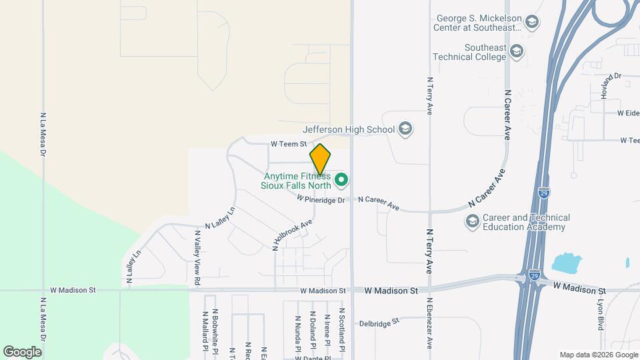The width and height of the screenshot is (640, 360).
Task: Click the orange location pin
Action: [x=320, y=159]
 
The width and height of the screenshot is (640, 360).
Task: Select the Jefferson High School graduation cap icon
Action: [x=405, y=129]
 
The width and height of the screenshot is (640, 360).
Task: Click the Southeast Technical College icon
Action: [x=517, y=51]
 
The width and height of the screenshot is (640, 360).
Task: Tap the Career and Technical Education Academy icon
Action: [x=473, y=221]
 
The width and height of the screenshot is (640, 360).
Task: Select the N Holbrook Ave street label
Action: [x=292, y=234]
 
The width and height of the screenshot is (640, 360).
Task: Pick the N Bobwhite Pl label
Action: [x=215, y=330]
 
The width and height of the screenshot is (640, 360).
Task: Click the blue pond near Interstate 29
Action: [x=567, y=263]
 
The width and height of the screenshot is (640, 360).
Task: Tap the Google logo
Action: [x=22, y=351]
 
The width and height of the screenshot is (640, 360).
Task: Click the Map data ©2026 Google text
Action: [x=598, y=355]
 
